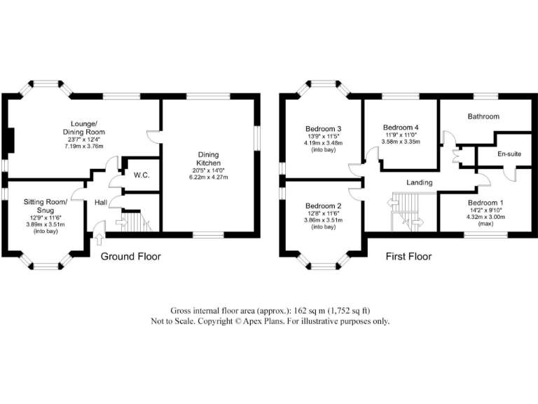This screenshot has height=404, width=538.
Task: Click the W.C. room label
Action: [142, 175]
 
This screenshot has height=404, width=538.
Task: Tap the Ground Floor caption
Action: [131, 257]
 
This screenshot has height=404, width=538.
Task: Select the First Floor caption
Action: [409, 257]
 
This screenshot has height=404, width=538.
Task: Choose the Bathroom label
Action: [483, 116]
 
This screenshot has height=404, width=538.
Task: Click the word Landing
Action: [420, 182]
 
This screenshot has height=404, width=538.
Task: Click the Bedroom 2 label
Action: [323, 206]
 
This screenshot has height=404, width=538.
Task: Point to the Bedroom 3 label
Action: [323, 129]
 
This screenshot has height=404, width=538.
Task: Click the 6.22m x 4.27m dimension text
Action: [209, 177]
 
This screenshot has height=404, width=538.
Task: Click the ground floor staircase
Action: [137, 223]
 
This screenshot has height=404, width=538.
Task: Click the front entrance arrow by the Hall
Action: [97, 227]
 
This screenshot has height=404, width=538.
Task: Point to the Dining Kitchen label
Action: [209, 158]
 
